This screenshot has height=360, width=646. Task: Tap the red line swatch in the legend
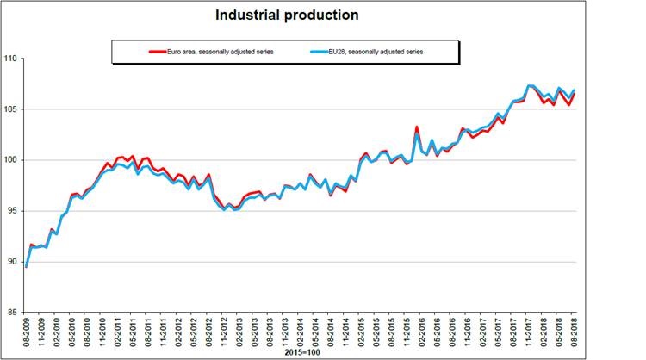pos(158,52)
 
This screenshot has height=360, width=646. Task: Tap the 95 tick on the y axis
pos(12,211)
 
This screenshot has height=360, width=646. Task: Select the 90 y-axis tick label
pos(12,262)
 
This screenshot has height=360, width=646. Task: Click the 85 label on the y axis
pos(12,313)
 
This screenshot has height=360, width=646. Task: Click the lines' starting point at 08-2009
pos(27,266)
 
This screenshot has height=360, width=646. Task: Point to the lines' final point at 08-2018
pos(574,91)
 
